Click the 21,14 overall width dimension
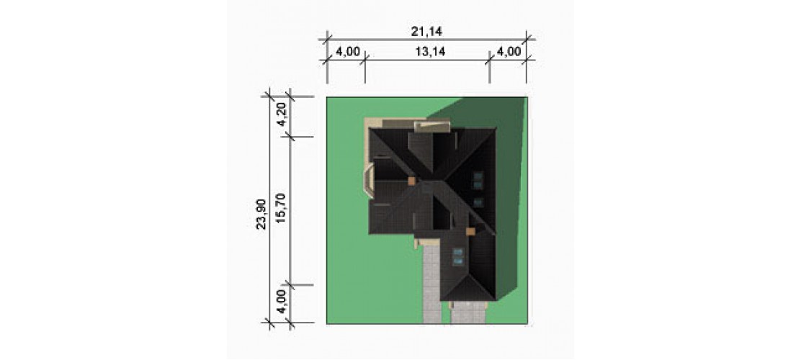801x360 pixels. click(426, 31)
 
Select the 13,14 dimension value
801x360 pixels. click(427, 52)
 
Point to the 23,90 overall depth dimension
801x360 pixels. click(261, 215)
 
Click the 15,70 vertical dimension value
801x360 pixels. click(280, 210)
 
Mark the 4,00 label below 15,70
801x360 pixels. click(280, 303)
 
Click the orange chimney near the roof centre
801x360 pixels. click(411, 180)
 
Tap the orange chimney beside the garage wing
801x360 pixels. click(470, 231)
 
